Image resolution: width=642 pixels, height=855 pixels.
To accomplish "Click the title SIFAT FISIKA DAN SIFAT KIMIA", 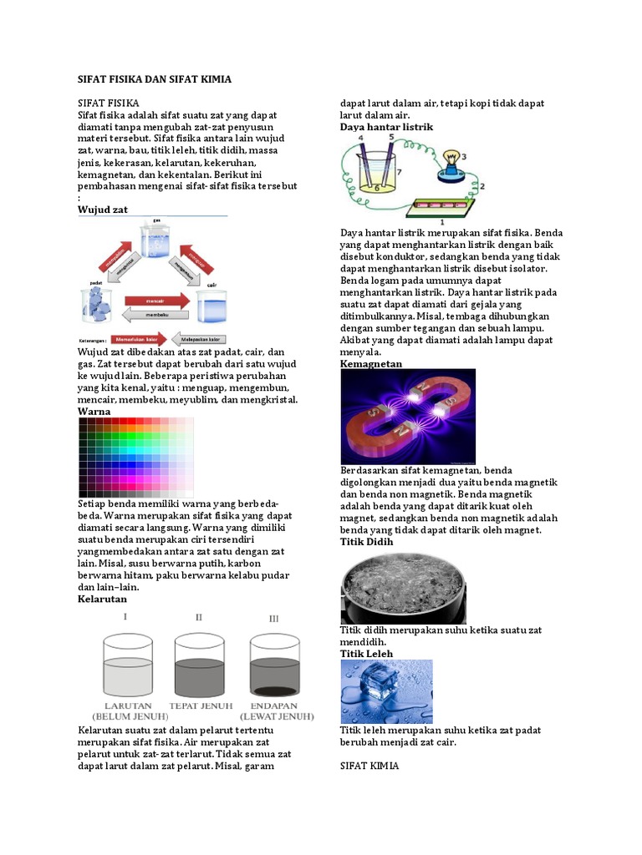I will point(154,78).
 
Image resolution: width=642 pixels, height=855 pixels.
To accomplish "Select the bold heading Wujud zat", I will point(102,210).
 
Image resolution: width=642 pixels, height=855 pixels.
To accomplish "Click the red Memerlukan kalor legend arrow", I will point(142,341).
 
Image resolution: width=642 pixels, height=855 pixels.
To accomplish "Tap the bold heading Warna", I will point(94,412).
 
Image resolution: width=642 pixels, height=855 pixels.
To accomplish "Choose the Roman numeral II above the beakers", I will point(199,617).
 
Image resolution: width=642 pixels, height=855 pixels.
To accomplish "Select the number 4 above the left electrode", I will point(361,138).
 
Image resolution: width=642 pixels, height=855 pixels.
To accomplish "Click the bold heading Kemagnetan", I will point(371,364).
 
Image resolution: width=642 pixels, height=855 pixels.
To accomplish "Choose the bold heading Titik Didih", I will point(366,542).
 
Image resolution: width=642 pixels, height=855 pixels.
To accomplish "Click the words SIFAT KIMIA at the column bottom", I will point(369,765).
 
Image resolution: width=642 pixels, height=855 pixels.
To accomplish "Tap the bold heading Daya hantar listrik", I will point(386,127).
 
